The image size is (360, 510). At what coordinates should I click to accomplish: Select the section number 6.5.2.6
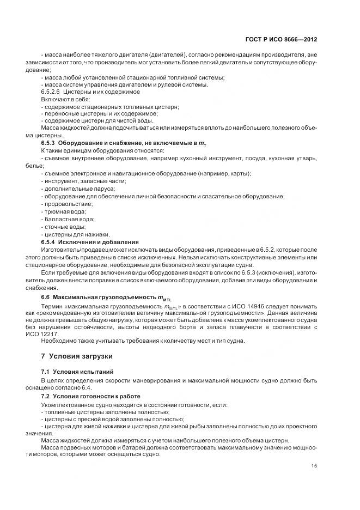51,92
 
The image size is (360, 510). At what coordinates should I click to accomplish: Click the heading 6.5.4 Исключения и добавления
90,241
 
